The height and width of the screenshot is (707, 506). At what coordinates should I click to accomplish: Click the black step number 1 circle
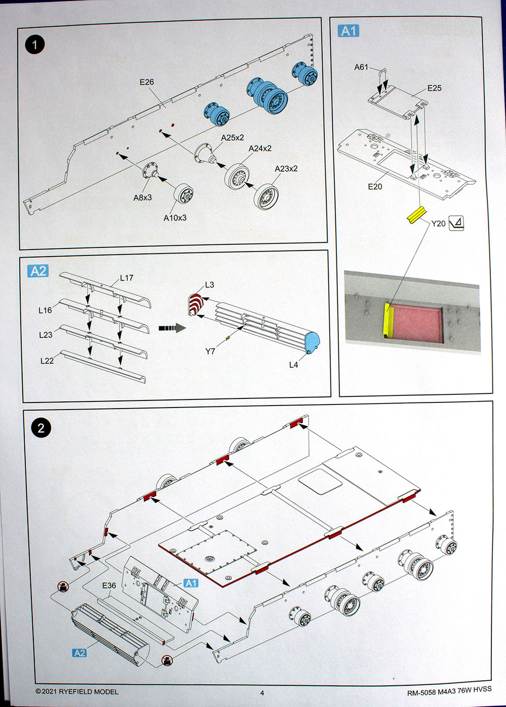[x=34, y=44]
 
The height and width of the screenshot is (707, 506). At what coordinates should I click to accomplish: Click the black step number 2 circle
[x=41, y=428]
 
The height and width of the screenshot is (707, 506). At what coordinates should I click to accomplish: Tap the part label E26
[x=146, y=82]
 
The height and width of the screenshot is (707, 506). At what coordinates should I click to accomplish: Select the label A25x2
[x=232, y=138]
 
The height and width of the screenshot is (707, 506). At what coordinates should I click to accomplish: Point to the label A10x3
[x=175, y=218]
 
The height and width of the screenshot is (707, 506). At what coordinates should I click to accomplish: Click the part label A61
[x=361, y=67]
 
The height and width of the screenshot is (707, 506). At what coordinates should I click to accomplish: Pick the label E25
[x=434, y=88]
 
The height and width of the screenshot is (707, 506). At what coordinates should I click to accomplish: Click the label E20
[x=375, y=187]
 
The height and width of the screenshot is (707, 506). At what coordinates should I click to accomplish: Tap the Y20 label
[x=438, y=224]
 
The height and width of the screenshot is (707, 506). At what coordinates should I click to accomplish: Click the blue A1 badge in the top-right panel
[x=348, y=31]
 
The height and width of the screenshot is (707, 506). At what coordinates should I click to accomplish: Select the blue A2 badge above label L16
[x=38, y=271]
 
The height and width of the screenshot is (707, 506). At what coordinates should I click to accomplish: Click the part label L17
[x=127, y=278]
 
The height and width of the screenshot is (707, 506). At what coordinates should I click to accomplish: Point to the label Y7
[x=210, y=351]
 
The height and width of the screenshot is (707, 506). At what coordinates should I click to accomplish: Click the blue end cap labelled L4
[x=312, y=341]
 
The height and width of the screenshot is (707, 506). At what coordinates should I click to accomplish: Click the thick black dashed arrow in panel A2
[x=172, y=328]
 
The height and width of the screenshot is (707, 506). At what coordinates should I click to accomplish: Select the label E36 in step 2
[x=109, y=585]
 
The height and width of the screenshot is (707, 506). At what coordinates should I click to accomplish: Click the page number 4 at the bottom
[x=262, y=692]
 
